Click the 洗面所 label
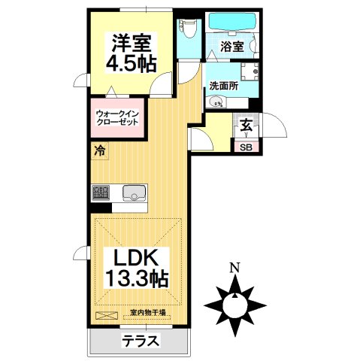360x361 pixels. point(223,86)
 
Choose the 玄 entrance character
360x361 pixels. point(247,126)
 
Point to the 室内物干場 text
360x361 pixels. point(147,312)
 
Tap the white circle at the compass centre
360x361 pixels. point(235,305)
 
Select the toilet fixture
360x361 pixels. point(189,30)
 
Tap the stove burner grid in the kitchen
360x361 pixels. point(100,194)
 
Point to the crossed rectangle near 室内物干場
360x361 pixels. point(107,314)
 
